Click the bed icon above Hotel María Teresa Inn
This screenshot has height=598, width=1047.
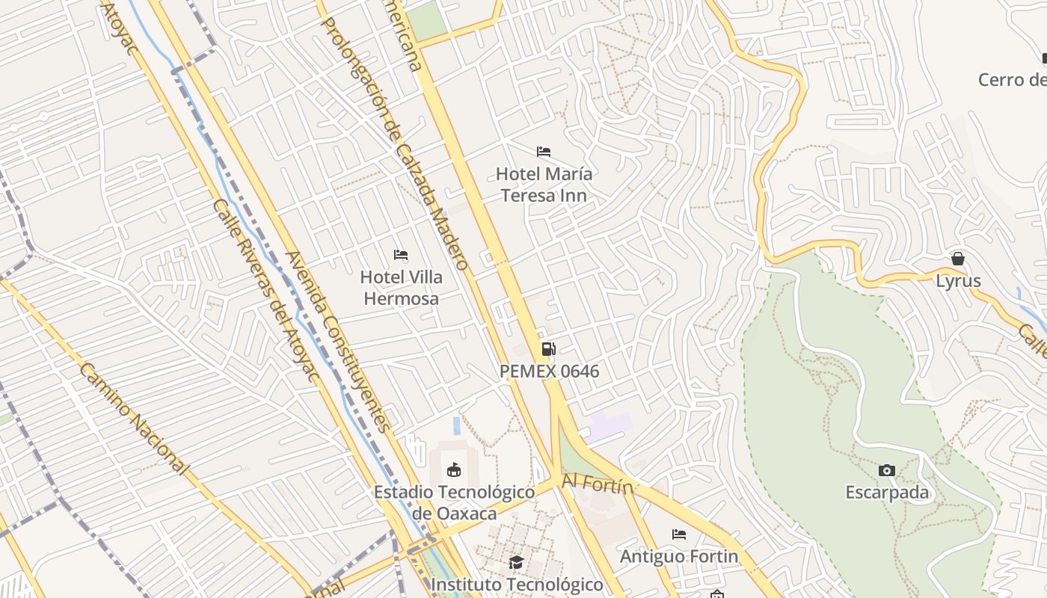pyautogui.click(x=544, y=152)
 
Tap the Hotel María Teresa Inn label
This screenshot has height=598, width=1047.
pyautogui.click(x=544, y=185)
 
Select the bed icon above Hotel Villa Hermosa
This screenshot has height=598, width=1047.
pyautogui.click(x=401, y=255)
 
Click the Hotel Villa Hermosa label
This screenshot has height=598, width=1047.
pyautogui.click(x=401, y=288)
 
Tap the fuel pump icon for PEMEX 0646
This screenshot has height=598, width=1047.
pyautogui.click(x=548, y=349)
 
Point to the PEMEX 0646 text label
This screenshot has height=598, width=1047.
pyautogui.click(x=549, y=371)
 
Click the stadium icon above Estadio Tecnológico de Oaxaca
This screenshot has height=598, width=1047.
pyautogui.click(x=453, y=470)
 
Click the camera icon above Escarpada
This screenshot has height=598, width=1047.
pyautogui.click(x=887, y=470)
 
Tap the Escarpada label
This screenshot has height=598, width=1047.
pyautogui.click(x=887, y=493)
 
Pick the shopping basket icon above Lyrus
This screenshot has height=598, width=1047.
pyautogui.click(x=958, y=259)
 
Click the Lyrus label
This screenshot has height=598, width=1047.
pyautogui.click(x=958, y=281)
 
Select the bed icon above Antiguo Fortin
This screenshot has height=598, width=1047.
pyautogui.click(x=679, y=534)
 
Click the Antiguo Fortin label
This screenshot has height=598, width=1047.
pyautogui.click(x=679, y=557)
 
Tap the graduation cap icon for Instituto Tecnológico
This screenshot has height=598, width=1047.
pyautogui.click(x=516, y=562)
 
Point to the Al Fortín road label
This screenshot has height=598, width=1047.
pyautogui.click(x=598, y=484)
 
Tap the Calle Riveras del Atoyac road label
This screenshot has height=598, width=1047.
pyautogui.click(x=265, y=292)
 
